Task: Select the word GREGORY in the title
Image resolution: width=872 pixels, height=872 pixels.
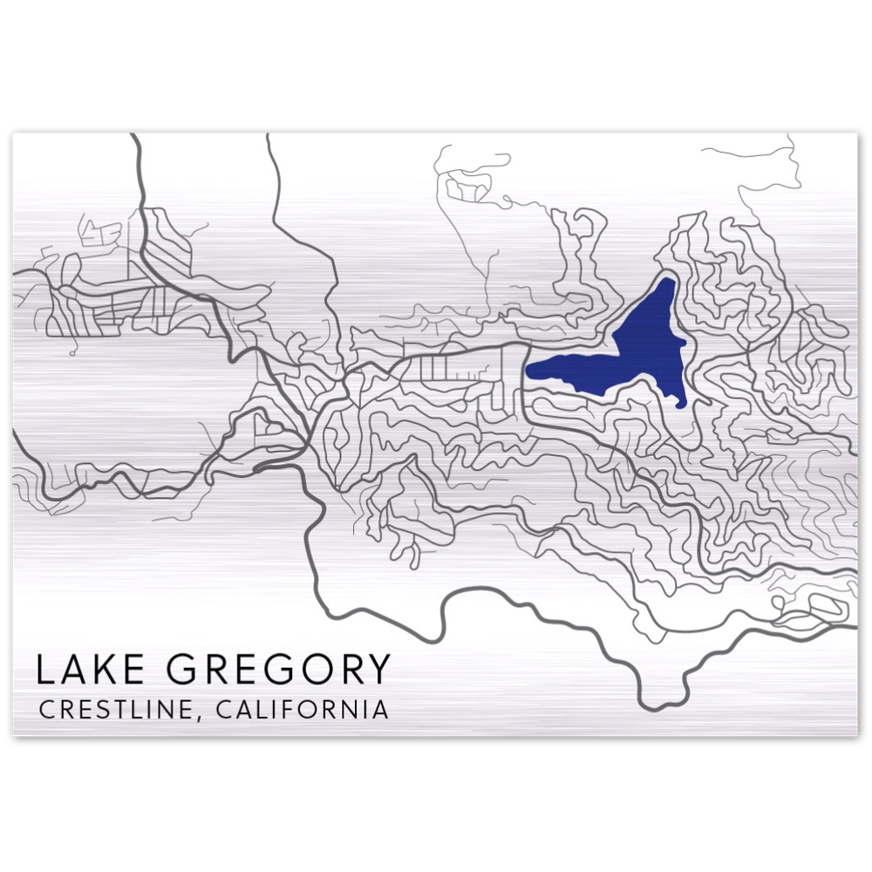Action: click(x=278, y=670)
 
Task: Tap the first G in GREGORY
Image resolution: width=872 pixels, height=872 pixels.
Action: click(x=181, y=670)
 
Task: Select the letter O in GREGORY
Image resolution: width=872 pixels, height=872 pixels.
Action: click(x=317, y=670)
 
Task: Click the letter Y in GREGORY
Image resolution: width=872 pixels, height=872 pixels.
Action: click(x=378, y=670)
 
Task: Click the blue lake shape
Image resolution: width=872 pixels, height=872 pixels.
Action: click(x=645, y=349)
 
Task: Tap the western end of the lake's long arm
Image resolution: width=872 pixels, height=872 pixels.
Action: click(x=529, y=371)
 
